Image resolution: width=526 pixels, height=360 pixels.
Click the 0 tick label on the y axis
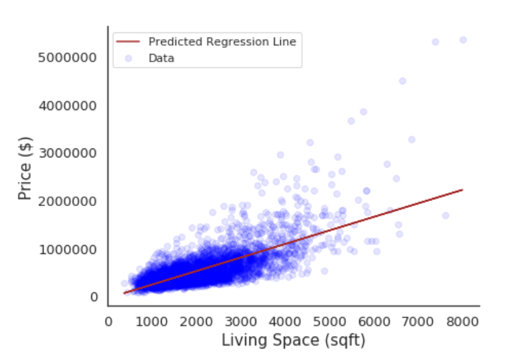[x=94, y=297]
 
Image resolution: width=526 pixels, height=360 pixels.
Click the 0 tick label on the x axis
[x=108, y=319]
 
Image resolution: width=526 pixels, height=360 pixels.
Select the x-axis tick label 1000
[x=152, y=319]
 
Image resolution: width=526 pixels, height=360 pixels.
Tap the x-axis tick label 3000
[x=241, y=319]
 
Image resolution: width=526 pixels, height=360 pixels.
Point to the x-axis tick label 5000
[x=329, y=319]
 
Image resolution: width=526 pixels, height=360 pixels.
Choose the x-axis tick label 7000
[x=418, y=319]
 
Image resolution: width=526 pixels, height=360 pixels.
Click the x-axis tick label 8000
[x=462, y=319]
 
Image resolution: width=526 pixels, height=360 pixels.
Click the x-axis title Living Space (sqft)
[x=293, y=340]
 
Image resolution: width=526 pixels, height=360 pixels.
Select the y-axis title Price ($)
[x=25, y=177]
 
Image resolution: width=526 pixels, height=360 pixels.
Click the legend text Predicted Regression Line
[x=222, y=42]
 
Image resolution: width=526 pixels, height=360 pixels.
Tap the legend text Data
[x=162, y=58]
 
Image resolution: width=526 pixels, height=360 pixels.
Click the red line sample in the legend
[x=129, y=42]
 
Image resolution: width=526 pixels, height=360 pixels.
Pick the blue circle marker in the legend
[x=129, y=58]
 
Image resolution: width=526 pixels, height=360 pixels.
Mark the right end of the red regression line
[x=463, y=190]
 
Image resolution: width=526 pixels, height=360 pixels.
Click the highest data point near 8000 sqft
[x=463, y=40]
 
